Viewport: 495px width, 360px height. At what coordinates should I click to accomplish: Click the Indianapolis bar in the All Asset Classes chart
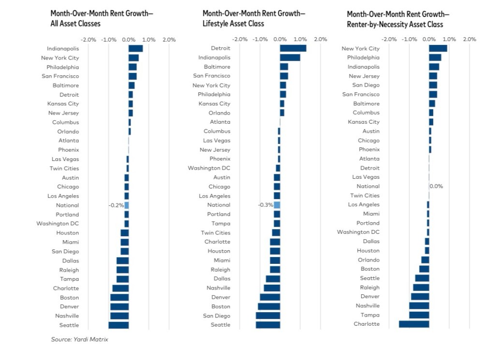pos(135,48)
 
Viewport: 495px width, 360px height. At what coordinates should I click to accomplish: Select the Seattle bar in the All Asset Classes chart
pos(118,325)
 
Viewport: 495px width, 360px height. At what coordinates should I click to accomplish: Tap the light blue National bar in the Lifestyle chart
pos(277,205)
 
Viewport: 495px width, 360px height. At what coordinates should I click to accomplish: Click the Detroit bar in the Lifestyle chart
pos(293,48)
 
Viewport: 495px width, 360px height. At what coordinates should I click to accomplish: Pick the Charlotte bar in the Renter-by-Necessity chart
pos(414,324)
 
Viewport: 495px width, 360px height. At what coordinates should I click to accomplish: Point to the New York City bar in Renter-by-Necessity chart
pos(438,48)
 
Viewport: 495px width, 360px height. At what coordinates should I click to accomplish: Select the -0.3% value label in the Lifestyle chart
pos(265,205)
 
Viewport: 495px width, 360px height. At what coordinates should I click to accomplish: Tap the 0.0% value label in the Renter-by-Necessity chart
pos(436,186)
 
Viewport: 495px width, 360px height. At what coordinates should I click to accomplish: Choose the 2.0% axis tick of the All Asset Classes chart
pos(169,40)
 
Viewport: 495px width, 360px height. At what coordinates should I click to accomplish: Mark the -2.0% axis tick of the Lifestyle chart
pos(240,39)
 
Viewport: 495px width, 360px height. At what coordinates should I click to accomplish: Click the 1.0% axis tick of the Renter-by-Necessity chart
pos(449,39)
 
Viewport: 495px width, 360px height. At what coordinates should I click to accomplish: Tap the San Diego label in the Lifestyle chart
pos(216,316)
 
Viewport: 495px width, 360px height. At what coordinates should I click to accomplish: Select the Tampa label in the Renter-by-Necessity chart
pos(371,315)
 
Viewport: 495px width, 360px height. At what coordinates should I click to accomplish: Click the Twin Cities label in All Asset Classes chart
pos(64,168)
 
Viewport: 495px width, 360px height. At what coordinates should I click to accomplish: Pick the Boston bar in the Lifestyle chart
pos(269,306)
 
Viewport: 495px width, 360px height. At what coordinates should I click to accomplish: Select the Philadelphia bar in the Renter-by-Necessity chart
pos(435,58)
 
